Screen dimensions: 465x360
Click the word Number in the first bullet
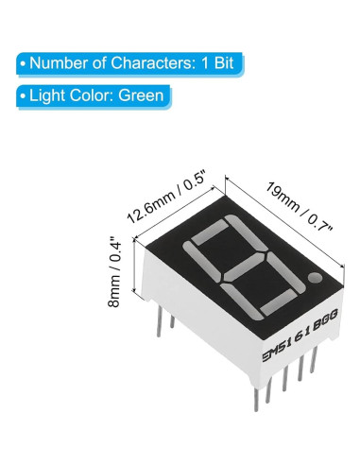click(x=58, y=64)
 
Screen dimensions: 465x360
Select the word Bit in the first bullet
click(x=225, y=64)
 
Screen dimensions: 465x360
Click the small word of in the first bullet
click(x=98, y=64)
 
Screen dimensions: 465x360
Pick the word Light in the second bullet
click(x=48, y=95)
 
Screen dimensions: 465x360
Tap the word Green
click(x=141, y=95)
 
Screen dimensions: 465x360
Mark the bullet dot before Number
click(x=21, y=64)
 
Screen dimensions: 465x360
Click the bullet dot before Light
click(x=21, y=95)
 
